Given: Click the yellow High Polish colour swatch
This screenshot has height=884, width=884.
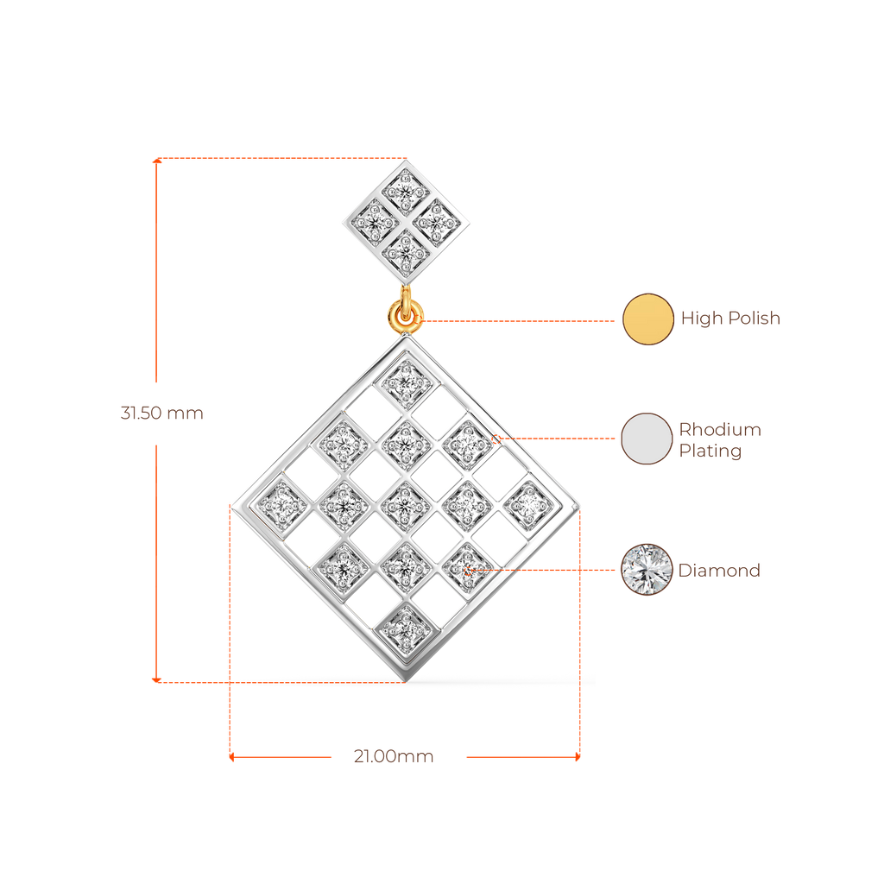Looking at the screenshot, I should [647, 319].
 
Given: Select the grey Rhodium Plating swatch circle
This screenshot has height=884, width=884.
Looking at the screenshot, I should [647, 439].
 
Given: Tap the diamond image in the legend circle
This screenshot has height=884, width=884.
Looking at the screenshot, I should [647, 569].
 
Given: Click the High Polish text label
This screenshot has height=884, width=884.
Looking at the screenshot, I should [730, 319].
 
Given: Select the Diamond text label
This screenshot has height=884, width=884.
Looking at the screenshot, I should [719, 571].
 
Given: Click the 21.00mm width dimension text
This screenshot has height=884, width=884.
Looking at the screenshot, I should [394, 757].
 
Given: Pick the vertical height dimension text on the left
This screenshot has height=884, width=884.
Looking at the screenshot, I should [161, 413].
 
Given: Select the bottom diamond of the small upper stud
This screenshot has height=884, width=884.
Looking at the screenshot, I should [405, 249].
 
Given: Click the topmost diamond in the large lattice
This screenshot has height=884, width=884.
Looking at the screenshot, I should [405, 380].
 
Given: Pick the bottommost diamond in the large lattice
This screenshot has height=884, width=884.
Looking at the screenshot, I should [405, 628].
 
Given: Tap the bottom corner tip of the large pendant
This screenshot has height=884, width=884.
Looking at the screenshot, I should [406, 679].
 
